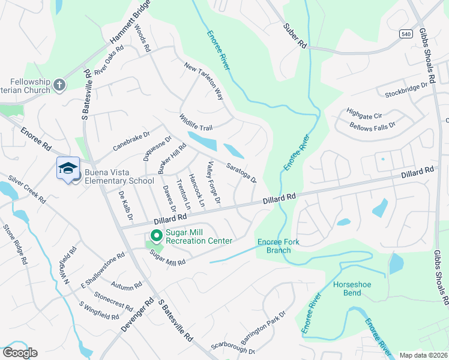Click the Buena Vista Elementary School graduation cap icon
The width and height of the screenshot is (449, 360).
(x=68, y=169)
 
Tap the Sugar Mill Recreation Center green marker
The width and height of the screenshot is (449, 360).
(x=156, y=235)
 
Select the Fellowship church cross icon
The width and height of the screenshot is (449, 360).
(x=59, y=85)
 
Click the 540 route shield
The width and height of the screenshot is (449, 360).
(x=406, y=34)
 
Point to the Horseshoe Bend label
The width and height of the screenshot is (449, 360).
(x=348, y=289)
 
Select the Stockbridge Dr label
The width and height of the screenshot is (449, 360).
(x=406, y=89)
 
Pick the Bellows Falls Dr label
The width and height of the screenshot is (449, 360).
(x=373, y=126)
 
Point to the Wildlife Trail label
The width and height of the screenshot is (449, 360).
(x=196, y=123)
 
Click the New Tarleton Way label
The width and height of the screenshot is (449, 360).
(x=203, y=81)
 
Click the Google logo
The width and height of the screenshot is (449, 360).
(x=20, y=353)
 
